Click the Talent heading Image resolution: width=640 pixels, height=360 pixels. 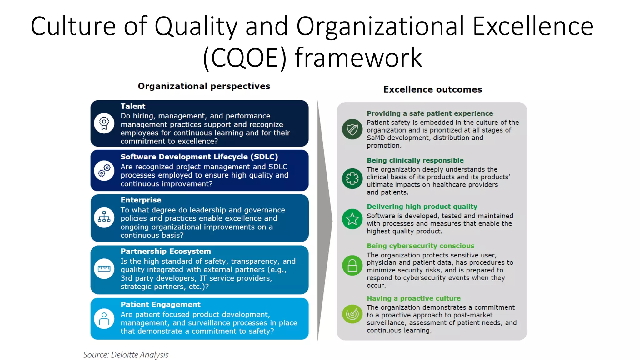click(133, 106)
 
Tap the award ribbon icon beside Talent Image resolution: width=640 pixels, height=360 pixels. click(104, 123)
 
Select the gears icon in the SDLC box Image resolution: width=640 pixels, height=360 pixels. click(104, 171)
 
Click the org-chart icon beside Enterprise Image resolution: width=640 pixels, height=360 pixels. click(104, 217)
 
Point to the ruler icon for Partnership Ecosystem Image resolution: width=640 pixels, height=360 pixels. click(104, 269)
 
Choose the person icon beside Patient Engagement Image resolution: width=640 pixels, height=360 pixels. click(104, 318)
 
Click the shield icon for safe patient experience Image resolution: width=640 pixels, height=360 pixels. click(352, 129)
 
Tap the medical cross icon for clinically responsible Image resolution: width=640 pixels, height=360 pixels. click(352, 178)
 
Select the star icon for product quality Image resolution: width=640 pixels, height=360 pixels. click(352, 219)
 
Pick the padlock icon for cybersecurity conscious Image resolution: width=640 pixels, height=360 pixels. click(352, 266)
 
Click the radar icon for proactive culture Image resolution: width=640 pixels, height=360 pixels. click(352, 314)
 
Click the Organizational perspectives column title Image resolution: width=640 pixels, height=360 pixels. click(204, 86)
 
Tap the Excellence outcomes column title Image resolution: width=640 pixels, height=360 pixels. click(432, 90)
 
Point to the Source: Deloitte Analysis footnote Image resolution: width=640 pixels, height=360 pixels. click(126, 355)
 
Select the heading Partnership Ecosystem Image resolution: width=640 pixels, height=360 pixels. click(166, 251)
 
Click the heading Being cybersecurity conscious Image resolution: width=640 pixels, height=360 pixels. click(420, 246)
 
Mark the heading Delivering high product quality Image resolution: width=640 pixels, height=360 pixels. click(422, 207)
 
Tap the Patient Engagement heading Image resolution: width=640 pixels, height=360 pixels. click(160, 305)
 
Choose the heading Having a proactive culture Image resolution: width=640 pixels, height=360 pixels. click(413, 298)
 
